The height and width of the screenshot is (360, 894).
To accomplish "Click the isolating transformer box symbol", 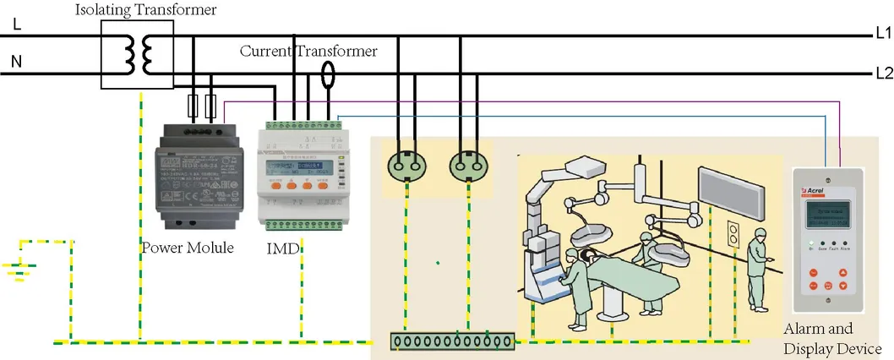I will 137,55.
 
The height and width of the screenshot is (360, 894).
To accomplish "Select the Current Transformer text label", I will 308,52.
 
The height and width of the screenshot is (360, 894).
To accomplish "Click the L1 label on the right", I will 883,35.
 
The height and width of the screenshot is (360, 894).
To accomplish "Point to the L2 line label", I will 884,73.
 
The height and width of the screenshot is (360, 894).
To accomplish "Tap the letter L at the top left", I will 18,25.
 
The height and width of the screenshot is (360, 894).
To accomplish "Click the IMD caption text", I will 277,248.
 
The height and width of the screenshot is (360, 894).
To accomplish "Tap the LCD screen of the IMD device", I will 296,157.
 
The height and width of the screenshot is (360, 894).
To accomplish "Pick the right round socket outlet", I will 466,159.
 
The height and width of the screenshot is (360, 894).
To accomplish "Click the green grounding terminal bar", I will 452,341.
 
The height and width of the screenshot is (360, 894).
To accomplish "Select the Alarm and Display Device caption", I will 832,339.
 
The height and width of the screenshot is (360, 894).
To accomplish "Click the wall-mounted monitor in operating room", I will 725,192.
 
